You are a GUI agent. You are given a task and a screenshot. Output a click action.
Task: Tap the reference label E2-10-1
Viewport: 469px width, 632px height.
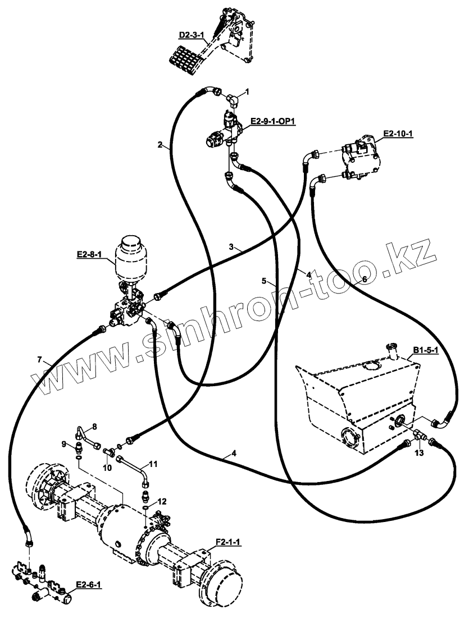[398, 134]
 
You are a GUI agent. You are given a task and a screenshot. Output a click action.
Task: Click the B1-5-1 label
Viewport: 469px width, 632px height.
[425, 350]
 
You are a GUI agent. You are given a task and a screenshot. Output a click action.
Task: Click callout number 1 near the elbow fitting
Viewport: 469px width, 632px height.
[247, 91]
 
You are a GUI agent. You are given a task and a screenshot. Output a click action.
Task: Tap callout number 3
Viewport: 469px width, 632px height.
[231, 246]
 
